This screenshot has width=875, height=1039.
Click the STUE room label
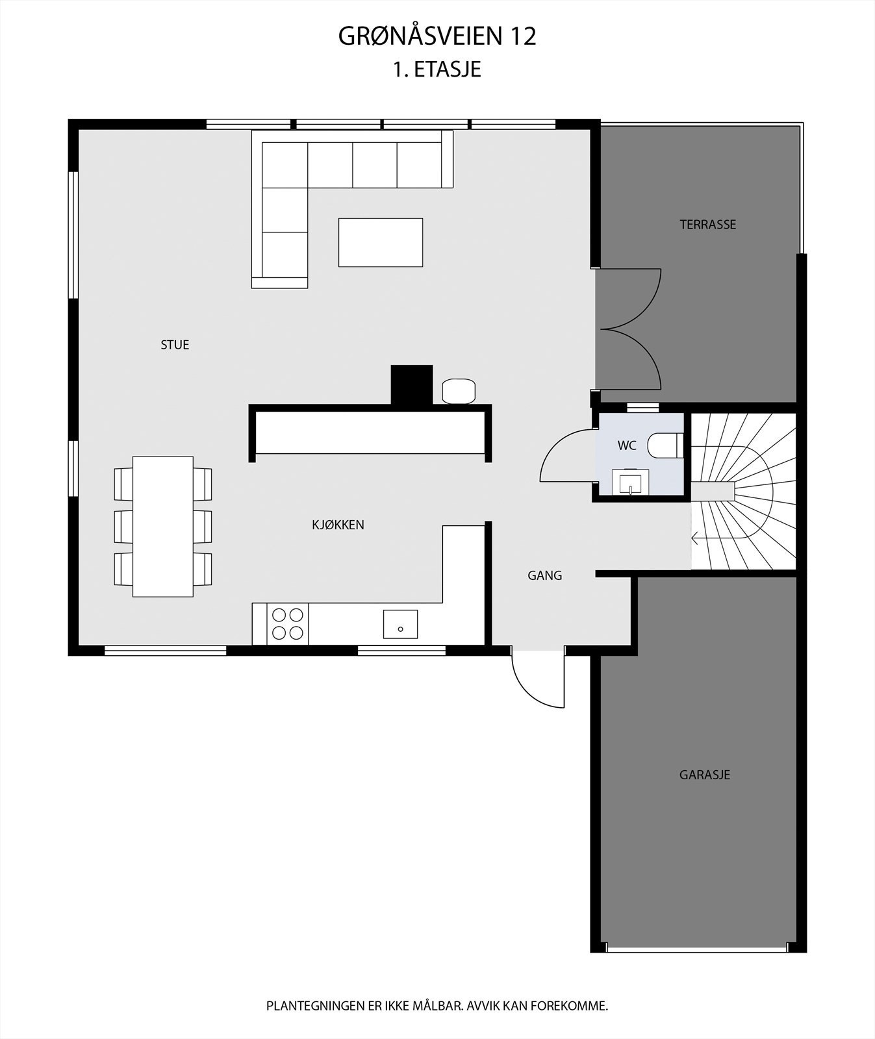[175, 345]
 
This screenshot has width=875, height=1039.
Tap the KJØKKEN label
[338, 525]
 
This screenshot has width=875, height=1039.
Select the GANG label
[544, 575]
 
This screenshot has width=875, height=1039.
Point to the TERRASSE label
[707, 225]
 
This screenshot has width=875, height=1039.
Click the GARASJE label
[705, 775]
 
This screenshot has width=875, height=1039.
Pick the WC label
[627, 446]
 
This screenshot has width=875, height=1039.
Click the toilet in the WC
[665, 445]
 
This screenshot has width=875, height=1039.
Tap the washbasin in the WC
[630, 482]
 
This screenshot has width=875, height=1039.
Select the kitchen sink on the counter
[400, 624]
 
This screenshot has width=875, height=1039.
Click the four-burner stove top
[288, 623]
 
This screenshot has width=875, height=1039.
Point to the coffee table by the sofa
[381, 242]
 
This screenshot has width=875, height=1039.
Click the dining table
[163, 526]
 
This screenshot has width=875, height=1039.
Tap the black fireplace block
[411, 384]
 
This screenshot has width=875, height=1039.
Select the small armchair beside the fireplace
[459, 391]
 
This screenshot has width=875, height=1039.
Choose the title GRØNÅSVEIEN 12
[437, 37]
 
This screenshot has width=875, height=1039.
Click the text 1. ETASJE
[437, 69]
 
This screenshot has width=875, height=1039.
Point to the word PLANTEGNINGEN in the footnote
[315, 1006]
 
